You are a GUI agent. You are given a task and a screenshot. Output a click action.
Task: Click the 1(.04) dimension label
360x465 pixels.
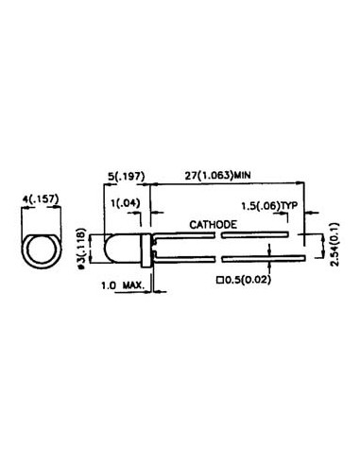click(126, 203)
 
